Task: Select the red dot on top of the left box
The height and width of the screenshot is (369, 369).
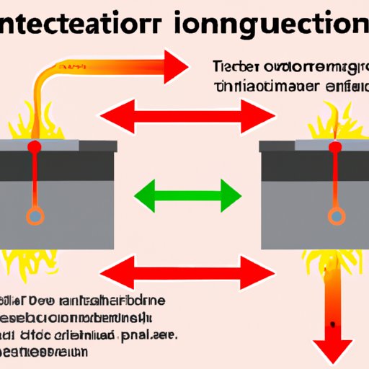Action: coord(33,147)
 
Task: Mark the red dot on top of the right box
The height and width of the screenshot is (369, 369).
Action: coord(334,147)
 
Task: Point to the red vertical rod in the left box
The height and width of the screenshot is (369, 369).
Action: coord(33,180)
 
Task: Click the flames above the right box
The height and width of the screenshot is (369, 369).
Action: coord(336,119)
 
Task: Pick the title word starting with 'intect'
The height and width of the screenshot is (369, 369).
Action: coord(86,25)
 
